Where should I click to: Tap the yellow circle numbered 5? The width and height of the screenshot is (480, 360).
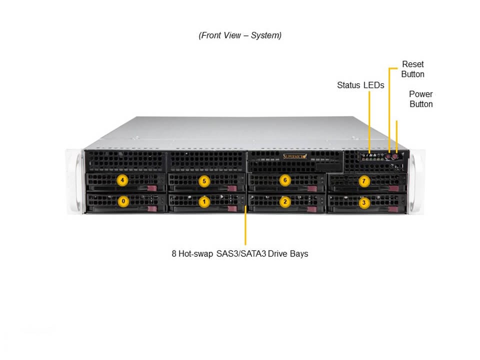(203, 181)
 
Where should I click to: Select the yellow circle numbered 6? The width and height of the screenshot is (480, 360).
(284, 180)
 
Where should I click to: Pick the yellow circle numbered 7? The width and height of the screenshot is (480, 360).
(364, 181)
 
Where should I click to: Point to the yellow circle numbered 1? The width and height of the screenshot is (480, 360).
(203, 202)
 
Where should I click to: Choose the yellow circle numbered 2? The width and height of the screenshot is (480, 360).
(284, 202)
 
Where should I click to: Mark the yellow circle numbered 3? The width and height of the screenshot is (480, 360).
(364, 202)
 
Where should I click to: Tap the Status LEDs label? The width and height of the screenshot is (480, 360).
(360, 85)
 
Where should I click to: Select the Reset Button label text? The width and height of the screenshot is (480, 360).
(412, 69)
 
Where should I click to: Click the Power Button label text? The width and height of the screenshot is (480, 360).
(421, 99)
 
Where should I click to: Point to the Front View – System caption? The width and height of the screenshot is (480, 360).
(240, 35)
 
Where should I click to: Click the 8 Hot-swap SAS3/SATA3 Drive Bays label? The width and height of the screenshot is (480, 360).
(240, 253)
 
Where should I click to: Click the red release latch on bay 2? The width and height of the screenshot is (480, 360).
(312, 209)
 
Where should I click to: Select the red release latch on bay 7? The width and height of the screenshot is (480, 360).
(393, 188)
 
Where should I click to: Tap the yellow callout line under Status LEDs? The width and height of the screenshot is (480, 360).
(369, 120)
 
